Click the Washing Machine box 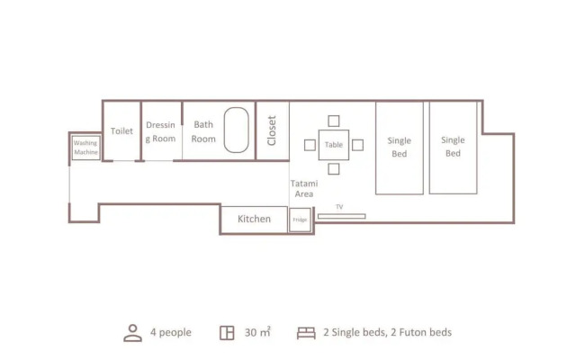click(x=86, y=148)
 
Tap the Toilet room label click(x=121, y=131)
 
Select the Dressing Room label click(x=160, y=132)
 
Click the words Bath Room click(x=203, y=132)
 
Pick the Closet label click(x=272, y=130)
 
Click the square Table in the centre click(x=334, y=145)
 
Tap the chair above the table click(x=334, y=121)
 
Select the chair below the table click(x=334, y=169)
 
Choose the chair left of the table click(x=310, y=145)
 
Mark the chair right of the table click(x=358, y=145)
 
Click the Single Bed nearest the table click(x=400, y=148)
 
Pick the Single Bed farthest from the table click(x=454, y=148)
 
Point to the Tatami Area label click(x=304, y=189)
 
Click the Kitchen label click(x=254, y=219)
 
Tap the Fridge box click(x=300, y=220)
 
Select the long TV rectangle click(x=342, y=216)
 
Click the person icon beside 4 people click(x=132, y=333)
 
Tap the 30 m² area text click(x=258, y=332)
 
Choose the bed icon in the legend click(x=306, y=333)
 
